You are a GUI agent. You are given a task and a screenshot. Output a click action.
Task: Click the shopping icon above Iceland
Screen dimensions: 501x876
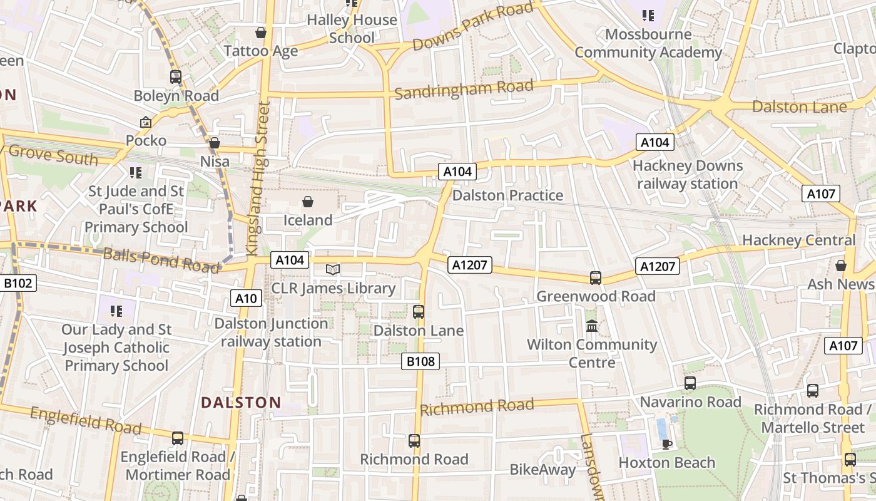[x=307, y=202]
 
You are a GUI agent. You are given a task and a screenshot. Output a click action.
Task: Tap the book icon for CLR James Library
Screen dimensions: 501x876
[x=333, y=270]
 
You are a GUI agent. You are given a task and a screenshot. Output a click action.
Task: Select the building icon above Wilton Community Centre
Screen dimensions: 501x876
[x=592, y=326]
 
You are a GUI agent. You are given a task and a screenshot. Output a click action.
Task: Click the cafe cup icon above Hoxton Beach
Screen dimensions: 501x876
[x=667, y=444]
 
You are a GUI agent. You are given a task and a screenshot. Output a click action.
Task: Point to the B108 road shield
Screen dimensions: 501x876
[x=420, y=361]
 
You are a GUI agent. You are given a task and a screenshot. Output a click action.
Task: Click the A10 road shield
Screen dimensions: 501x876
[x=245, y=299]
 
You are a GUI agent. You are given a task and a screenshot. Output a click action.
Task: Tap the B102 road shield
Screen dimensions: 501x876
[x=18, y=284]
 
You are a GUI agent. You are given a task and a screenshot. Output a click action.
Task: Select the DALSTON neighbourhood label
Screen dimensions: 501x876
[x=241, y=403]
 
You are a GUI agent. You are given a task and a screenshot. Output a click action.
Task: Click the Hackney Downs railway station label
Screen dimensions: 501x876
[x=688, y=175]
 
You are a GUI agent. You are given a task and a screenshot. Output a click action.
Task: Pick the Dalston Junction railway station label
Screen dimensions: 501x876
[x=271, y=333]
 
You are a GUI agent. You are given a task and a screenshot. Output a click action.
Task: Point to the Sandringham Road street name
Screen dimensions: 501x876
[x=464, y=90]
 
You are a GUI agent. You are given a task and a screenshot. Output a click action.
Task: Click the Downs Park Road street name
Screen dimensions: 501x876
[x=473, y=26]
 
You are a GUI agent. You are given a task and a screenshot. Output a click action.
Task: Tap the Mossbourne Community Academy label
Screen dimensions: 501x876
[x=648, y=43]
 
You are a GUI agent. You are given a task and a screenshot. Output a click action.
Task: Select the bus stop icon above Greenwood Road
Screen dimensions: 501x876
[x=596, y=277]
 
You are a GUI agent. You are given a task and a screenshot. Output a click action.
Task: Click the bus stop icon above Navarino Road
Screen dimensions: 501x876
[x=690, y=383]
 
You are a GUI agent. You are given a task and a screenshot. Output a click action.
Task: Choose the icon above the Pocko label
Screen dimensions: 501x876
[x=146, y=122]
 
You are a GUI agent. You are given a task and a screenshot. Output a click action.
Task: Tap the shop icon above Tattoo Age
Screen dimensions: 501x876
[x=260, y=33]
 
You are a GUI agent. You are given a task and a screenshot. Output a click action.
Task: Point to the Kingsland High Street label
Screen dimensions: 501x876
[x=258, y=178]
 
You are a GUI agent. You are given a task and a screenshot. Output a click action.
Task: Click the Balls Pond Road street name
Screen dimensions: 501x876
[x=161, y=260]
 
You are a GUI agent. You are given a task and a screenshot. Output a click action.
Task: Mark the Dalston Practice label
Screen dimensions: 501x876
[x=507, y=195]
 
